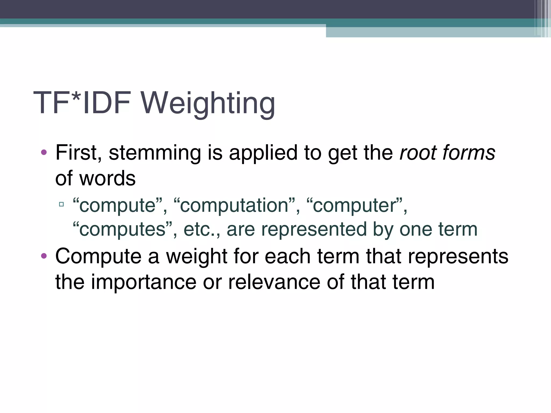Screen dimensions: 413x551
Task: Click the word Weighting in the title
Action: [x=208, y=104]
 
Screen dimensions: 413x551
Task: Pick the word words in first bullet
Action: [x=107, y=178]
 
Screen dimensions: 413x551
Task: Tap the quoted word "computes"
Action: [x=122, y=229]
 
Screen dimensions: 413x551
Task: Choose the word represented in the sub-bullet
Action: [x=314, y=229]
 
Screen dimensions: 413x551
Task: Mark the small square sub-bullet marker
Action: [x=61, y=204]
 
